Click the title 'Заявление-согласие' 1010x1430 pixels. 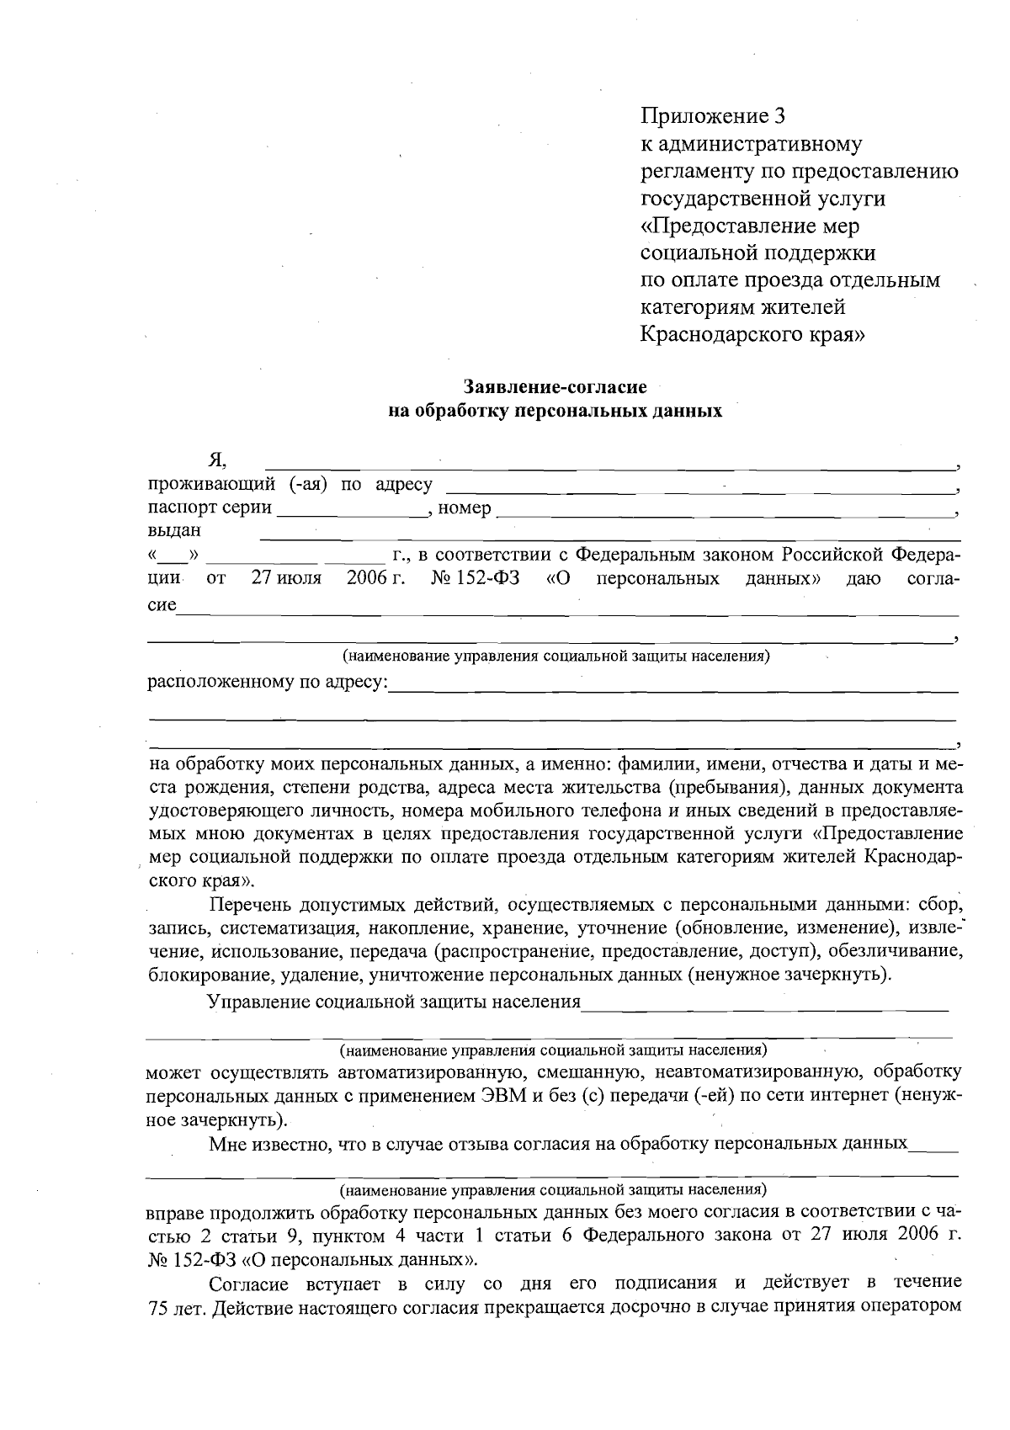pyautogui.click(x=555, y=387)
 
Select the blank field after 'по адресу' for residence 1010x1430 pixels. pyautogui.click(x=699, y=487)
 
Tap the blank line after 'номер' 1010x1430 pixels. pyautogui.click(x=724, y=510)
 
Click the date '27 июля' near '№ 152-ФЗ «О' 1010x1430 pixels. pyautogui.click(x=285, y=579)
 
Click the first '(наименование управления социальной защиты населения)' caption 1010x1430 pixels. pyautogui.click(x=555, y=657)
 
